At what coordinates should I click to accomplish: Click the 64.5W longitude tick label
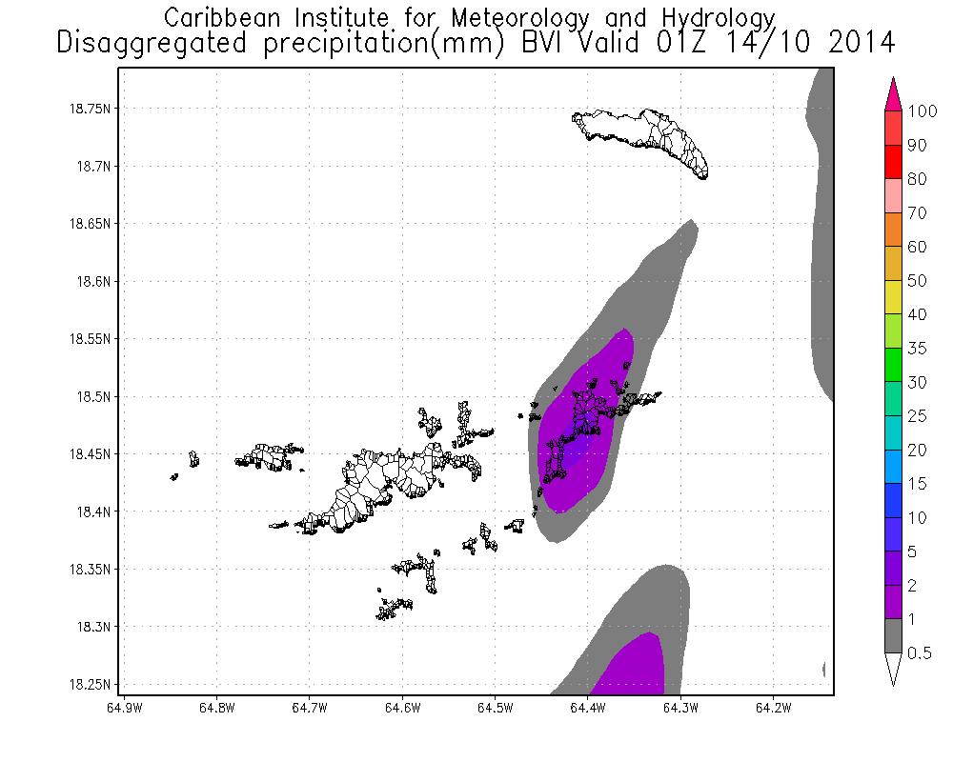496,708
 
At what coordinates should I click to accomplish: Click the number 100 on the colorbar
923,111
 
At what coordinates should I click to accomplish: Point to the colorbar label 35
917,349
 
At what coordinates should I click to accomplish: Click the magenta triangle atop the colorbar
893,94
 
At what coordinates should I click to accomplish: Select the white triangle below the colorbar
893,669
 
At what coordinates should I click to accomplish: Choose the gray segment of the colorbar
893,635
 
